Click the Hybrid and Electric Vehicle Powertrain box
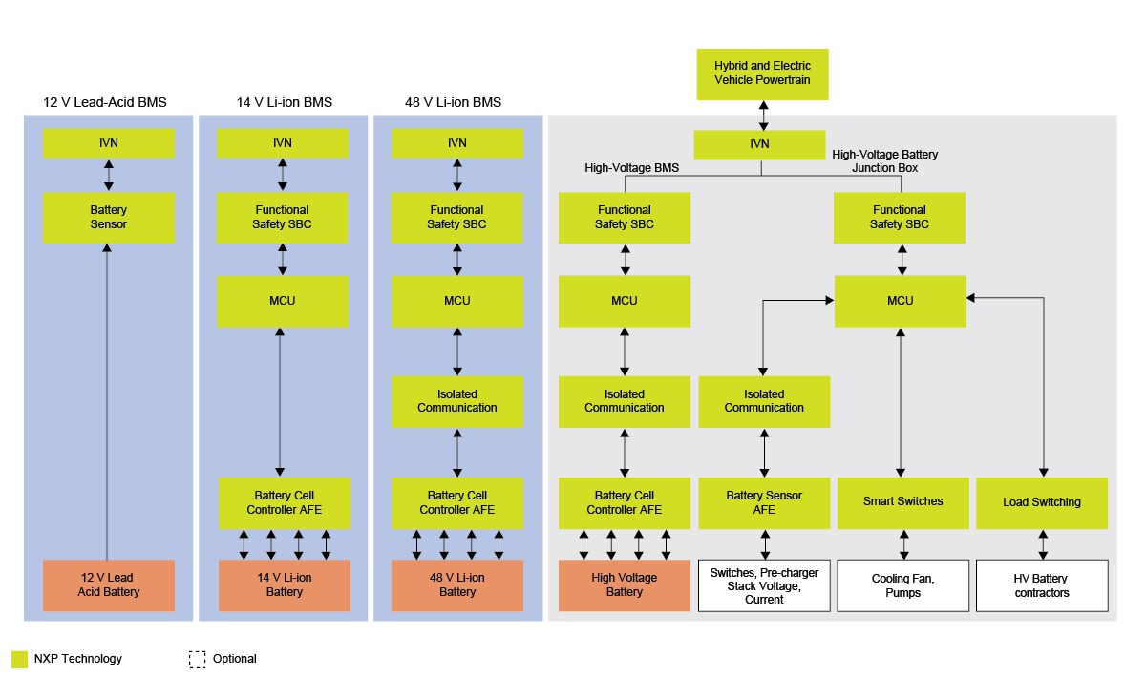(762, 74)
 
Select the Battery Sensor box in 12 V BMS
(109, 217)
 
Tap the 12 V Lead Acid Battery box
(109, 585)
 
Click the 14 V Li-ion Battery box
(284, 585)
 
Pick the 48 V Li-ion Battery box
(457, 585)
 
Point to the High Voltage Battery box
(624, 585)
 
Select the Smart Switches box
(902, 502)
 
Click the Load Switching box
(1042, 502)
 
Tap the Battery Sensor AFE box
(764, 502)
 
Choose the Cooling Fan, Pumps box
(902, 585)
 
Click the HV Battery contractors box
(1042, 585)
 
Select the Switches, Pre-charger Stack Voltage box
(764, 585)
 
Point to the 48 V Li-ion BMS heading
(455, 102)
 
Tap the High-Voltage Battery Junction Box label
(884, 160)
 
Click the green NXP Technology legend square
(19, 659)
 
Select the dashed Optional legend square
(198, 659)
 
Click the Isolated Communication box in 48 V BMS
(457, 401)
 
